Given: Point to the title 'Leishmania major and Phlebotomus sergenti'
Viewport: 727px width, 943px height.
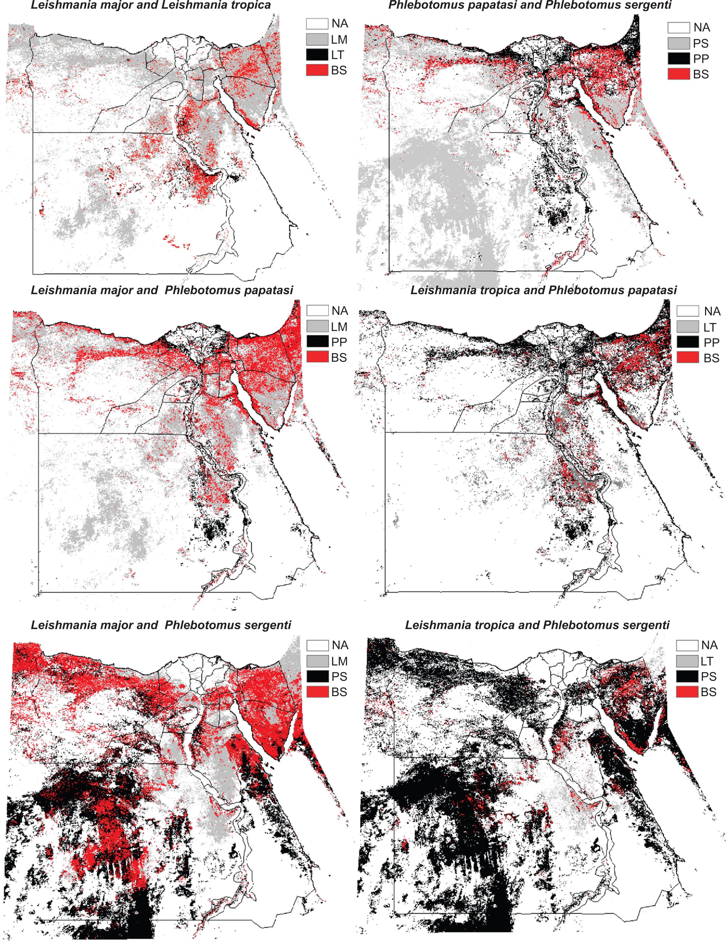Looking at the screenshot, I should click(161, 625).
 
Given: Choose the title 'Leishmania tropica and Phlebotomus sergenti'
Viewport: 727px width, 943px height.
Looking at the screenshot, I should click(537, 625).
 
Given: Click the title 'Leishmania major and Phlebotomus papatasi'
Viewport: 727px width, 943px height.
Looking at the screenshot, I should click(162, 290).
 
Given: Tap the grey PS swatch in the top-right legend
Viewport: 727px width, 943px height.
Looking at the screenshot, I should click(678, 43).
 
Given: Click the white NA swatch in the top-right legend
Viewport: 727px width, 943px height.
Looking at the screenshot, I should click(678, 28).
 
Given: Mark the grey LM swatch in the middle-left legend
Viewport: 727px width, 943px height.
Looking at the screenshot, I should click(317, 327).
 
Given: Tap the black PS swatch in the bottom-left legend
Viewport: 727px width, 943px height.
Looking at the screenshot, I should click(317, 677).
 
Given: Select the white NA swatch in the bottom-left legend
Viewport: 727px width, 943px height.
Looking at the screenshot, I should click(317, 645).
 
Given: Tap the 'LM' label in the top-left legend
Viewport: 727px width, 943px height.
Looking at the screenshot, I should click(340, 40).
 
